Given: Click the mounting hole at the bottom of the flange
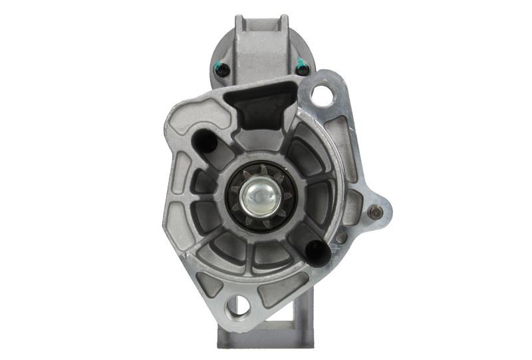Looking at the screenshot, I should (x=237, y=306).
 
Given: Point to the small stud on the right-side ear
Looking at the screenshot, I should (x=376, y=213).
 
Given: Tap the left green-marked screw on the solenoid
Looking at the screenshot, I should (x=222, y=69).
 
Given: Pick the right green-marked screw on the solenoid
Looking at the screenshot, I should (x=303, y=67).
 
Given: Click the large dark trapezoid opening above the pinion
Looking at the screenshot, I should (x=259, y=108).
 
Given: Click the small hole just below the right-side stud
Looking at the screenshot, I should (x=342, y=237).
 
